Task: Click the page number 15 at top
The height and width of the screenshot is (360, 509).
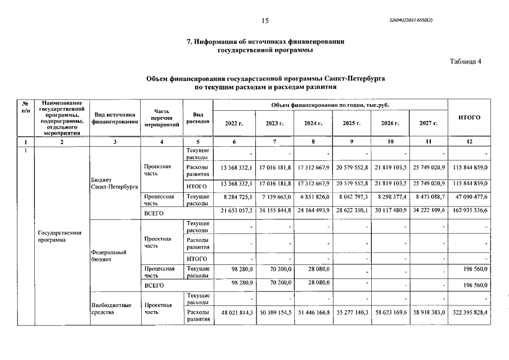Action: (265, 20)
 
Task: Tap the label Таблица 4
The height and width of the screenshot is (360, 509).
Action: (466, 62)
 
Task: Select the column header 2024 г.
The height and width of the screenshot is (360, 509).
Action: (313, 123)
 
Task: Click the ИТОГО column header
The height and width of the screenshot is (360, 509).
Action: (469, 118)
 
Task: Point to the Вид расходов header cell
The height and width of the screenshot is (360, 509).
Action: (197, 118)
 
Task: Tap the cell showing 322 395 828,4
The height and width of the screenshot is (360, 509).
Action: (469, 312)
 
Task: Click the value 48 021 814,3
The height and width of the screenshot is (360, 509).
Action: (236, 312)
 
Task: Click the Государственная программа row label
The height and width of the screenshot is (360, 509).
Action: (60, 236)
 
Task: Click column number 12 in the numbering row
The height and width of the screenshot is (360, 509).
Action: (469, 142)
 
